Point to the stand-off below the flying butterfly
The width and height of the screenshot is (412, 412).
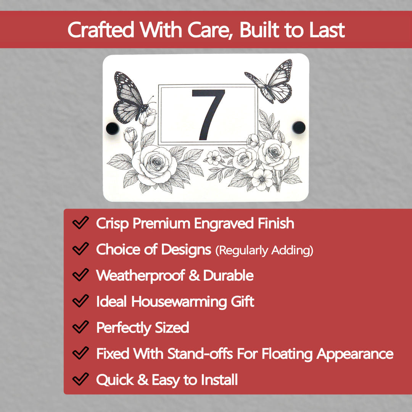click(x=299, y=127)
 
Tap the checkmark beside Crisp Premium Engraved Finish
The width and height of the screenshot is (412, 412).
click(x=80, y=223)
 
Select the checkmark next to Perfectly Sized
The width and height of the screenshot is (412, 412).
click(x=80, y=327)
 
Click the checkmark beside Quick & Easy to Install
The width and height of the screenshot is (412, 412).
click(x=80, y=380)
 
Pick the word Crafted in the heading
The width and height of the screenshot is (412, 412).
click(x=101, y=30)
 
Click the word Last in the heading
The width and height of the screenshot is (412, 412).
click(x=327, y=30)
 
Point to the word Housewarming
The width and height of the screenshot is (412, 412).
click(x=179, y=301)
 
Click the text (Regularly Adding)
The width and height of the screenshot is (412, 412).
click(x=264, y=251)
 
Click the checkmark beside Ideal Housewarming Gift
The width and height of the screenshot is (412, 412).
click(x=80, y=301)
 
